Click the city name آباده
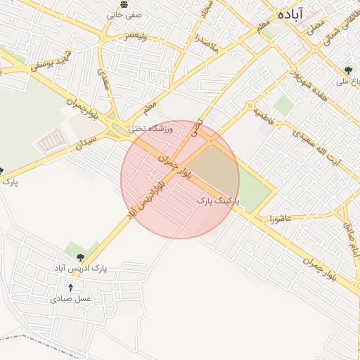coord(290,14)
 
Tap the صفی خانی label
coord(124,14)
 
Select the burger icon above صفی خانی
coord(124,4)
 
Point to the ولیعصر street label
coord(136,34)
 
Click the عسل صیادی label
coord(70,299)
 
